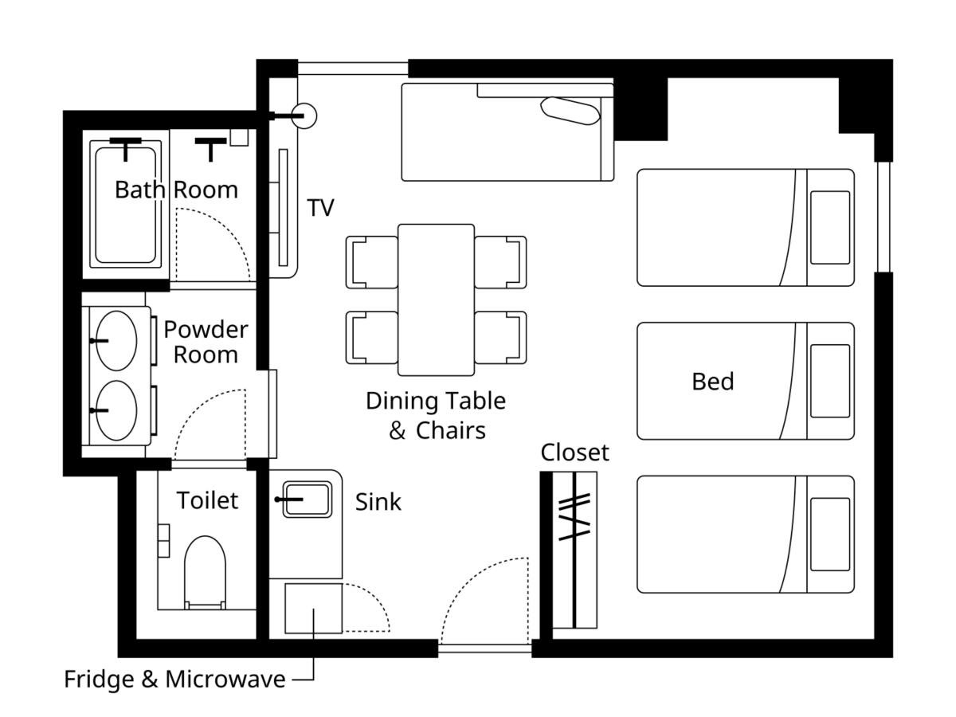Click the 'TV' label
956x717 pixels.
coord(320,207)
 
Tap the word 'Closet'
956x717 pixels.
coord(574,453)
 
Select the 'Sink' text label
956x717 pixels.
coord(378,502)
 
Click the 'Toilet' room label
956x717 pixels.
coord(207,500)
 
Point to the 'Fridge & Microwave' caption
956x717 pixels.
coord(174,679)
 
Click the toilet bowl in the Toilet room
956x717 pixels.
coord(205,572)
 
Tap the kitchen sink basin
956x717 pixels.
coord(307,500)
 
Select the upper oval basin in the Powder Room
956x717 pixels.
coord(116,340)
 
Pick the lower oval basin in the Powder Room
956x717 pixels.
coord(116,410)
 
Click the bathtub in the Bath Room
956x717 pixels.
coord(125,205)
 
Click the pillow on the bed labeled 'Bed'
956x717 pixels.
coord(830,381)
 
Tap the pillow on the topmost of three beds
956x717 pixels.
coord(830,227)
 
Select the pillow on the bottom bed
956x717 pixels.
coord(830,534)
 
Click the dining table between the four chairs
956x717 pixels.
coord(436,300)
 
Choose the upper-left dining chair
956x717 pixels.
coord(371,262)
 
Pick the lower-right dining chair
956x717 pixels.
coord(500,337)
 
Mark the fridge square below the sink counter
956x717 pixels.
coord(314,609)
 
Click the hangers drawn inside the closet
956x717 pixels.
coord(574,517)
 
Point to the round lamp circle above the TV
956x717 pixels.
coord(304,116)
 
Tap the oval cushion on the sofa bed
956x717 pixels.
coord(570,111)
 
